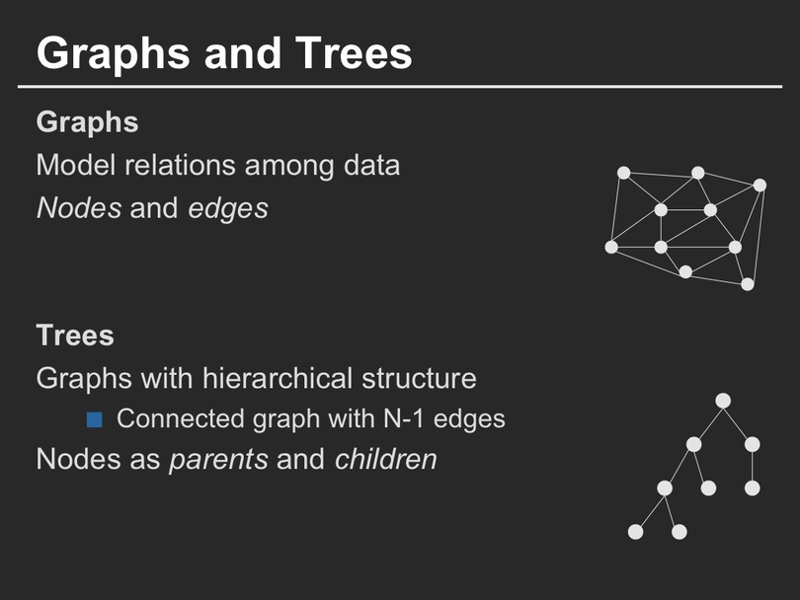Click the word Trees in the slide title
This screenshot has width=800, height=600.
pos(354,53)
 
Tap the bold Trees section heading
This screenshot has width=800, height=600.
pos(75,336)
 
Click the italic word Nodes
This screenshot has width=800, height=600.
pos(79,208)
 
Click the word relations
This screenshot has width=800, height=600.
pos(180,165)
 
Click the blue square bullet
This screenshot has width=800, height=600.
pos(95,420)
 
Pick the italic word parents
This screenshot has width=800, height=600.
pos(218,460)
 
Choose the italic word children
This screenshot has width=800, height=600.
pos(386,459)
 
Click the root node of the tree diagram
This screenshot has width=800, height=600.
pos(723,401)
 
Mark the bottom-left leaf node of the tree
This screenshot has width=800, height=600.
pos(635,532)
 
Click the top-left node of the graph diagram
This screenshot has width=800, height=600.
pos(623,173)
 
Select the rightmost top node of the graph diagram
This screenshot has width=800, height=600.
pos(760,186)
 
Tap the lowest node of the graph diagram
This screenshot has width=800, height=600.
pos(748,284)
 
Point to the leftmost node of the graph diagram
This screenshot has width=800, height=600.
pos(611,248)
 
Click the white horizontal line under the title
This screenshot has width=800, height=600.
pos(400,87)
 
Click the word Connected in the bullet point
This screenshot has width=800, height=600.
pos(181,418)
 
